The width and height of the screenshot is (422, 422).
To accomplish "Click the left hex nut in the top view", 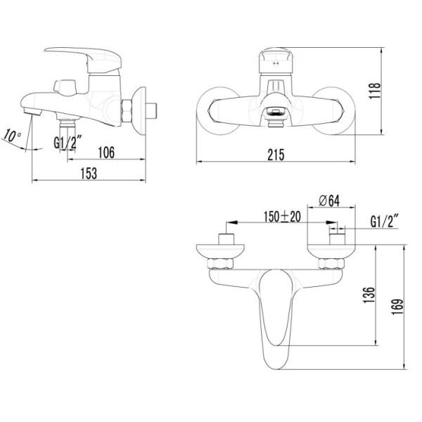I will click(224, 264).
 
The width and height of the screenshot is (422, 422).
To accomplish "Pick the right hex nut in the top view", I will click(329, 264).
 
